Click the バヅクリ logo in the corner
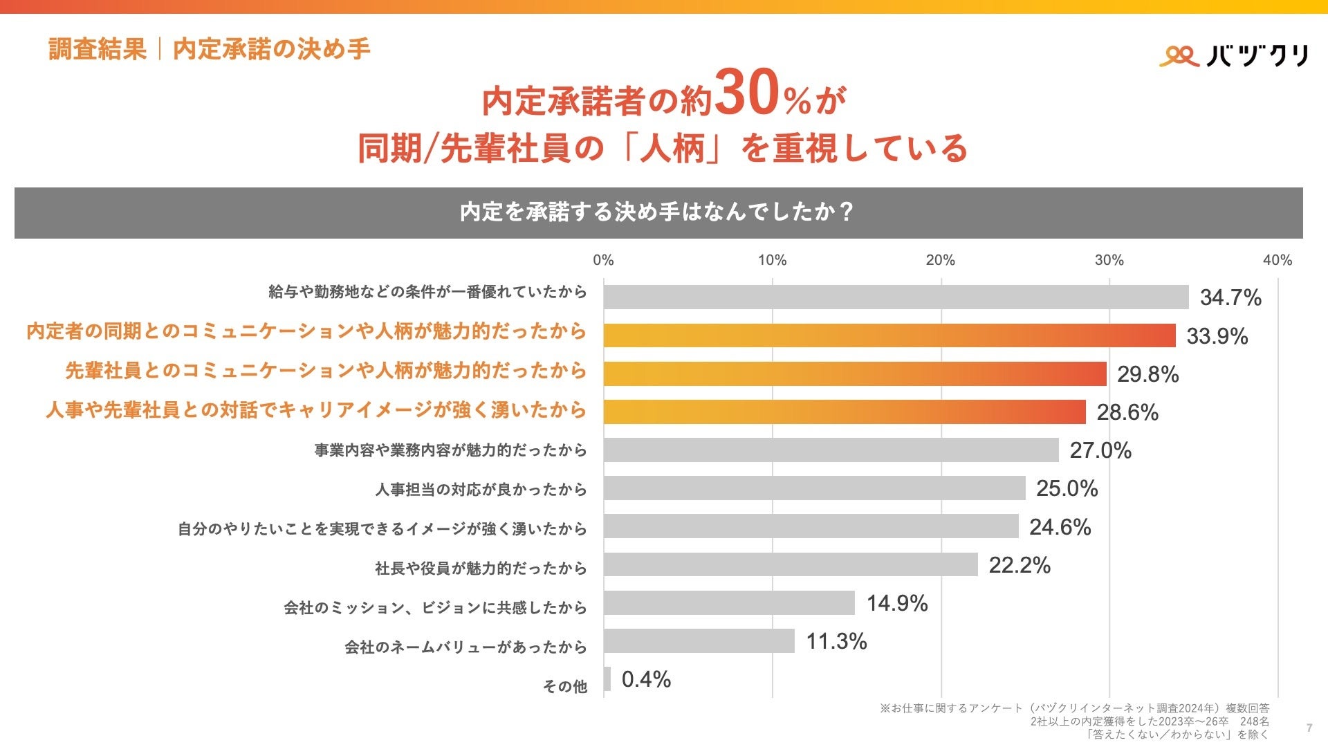coord(1234,55)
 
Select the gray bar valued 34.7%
coord(896,297)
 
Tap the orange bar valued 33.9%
coord(889,335)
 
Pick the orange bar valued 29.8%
coord(854,373)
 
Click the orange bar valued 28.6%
coord(844,412)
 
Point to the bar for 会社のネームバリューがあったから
coord(699,640)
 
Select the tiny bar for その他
coord(607,679)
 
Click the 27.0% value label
coord(1100,450)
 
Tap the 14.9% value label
coord(897,603)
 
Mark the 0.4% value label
coord(646,679)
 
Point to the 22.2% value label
coord(1020,565)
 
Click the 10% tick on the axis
coord(772,260)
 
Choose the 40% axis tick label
coord(1277,260)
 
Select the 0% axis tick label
coord(603,260)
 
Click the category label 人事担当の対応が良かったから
coord(481,490)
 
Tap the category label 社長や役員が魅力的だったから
coord(481,569)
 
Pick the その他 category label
coord(564,686)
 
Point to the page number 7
coord(1309,728)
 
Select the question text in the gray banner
coord(657,212)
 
